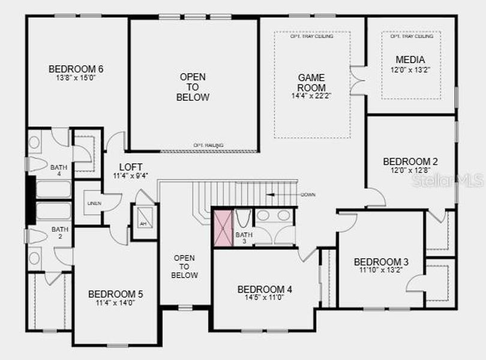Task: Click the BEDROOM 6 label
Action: (71, 68)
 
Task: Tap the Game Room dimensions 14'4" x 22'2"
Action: (311, 95)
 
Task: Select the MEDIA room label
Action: (410, 59)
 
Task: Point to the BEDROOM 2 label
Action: (410, 161)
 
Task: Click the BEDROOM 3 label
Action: (381, 262)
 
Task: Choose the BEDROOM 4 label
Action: (265, 289)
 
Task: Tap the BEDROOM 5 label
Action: (115, 294)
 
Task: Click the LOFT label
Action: (130, 167)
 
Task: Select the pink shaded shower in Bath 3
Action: (223, 227)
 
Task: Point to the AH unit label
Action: (143, 223)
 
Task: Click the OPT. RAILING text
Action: (208, 145)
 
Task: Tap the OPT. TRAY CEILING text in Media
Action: (412, 37)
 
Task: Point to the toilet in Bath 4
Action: (37, 164)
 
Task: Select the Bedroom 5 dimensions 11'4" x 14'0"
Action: (115, 303)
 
